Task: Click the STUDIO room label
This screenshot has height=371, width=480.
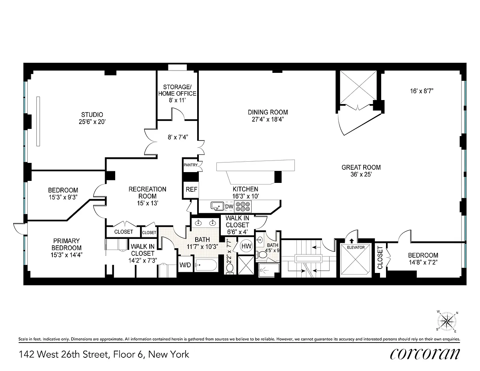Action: coord(92,115)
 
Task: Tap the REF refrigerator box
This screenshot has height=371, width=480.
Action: coord(191,190)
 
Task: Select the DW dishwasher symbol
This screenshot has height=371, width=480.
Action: coord(229,207)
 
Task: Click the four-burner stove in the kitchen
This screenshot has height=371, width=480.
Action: coord(243,207)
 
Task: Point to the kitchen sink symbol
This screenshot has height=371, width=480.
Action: coord(217,207)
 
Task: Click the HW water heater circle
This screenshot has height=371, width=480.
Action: coord(246,246)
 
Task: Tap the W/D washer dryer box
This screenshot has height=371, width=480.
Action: coord(185,265)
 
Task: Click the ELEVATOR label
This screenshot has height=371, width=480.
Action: coord(356,247)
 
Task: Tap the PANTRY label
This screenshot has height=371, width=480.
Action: coord(191,165)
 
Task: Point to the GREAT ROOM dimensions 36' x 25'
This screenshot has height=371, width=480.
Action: coord(361,174)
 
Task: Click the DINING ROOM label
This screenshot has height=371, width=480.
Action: coord(268,112)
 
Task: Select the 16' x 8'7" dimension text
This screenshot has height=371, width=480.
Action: coord(422,91)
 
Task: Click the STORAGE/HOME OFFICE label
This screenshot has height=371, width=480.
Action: coord(177,90)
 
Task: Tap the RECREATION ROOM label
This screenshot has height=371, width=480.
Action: coord(147,193)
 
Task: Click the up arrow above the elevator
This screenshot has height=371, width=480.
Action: coord(352,241)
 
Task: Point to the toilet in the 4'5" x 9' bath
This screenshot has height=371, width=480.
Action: coord(263,255)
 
